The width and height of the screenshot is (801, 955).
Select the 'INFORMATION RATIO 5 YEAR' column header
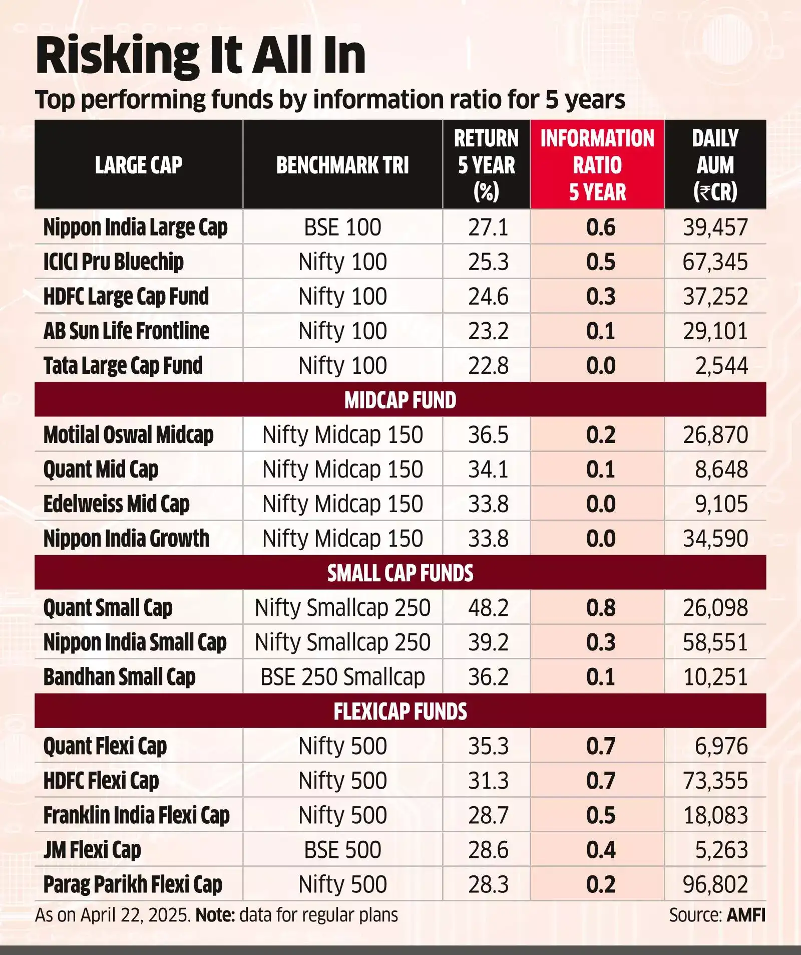point(597,165)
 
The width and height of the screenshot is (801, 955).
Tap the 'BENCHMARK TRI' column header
point(342,165)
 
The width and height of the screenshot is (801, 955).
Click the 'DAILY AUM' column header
point(715,165)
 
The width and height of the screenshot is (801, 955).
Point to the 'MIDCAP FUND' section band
point(400,400)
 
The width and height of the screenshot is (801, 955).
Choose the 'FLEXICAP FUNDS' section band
point(400,711)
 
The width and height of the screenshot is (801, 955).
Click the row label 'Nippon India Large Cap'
point(135,227)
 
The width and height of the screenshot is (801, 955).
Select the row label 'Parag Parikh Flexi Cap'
point(133,884)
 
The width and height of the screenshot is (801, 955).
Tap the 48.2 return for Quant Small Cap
point(488,608)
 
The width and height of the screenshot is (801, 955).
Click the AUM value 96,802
point(715,884)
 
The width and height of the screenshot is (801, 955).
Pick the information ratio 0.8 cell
point(601,608)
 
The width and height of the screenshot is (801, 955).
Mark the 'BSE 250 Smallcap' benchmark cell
point(342,677)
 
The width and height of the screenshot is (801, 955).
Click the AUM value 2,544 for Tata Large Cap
point(721,366)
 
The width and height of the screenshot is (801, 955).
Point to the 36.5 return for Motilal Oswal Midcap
point(488,435)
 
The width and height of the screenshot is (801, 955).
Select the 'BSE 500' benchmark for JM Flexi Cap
point(342,850)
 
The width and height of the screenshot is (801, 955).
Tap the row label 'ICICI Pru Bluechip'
point(113,262)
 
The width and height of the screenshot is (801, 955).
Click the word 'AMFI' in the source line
point(746,915)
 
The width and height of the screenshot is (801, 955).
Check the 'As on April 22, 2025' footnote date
point(113,915)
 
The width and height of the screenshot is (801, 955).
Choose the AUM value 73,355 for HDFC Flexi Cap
point(715,781)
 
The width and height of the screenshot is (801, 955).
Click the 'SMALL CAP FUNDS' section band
point(400,573)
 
